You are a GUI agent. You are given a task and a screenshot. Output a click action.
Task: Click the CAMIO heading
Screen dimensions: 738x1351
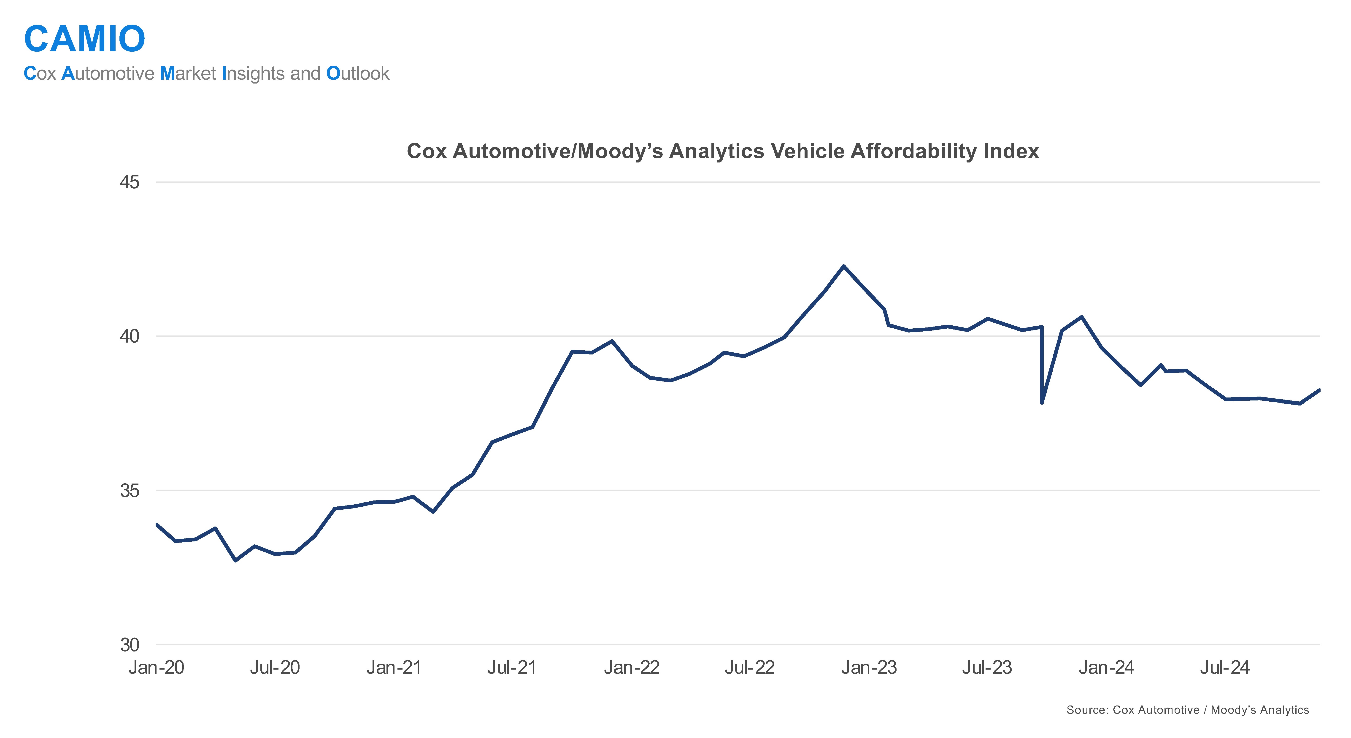84,39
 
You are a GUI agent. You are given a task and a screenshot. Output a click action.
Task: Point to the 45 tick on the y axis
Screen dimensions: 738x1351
130,183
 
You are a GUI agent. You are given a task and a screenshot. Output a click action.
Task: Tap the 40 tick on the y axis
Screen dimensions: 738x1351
130,336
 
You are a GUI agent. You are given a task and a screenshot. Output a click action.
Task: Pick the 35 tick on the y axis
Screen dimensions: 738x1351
130,490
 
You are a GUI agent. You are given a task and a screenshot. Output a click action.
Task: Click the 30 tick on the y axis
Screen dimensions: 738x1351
130,645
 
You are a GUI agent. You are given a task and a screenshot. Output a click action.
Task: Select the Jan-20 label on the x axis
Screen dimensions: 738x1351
156,668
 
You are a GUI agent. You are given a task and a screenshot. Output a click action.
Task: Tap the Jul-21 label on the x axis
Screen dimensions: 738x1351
512,668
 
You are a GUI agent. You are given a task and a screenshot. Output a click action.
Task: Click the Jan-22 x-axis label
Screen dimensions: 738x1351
631,668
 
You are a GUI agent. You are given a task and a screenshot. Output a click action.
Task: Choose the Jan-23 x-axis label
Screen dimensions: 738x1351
869,668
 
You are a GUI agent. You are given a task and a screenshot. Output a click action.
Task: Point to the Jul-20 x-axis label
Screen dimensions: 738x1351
275,668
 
